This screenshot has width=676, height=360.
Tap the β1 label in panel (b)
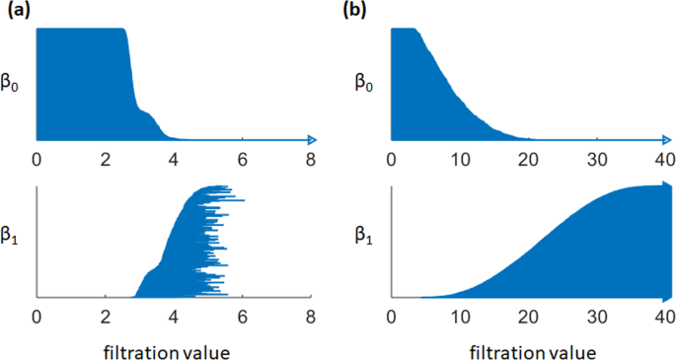pos(366,238)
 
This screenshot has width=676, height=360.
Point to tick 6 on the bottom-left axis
pos(242,317)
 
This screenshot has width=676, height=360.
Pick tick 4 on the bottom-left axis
pos(174,317)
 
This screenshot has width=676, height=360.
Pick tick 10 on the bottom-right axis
pos(461,317)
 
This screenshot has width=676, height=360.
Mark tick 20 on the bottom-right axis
pos(529,317)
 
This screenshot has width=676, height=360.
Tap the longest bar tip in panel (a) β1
pos(243,200)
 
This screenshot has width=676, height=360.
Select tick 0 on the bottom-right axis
pos(393,317)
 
